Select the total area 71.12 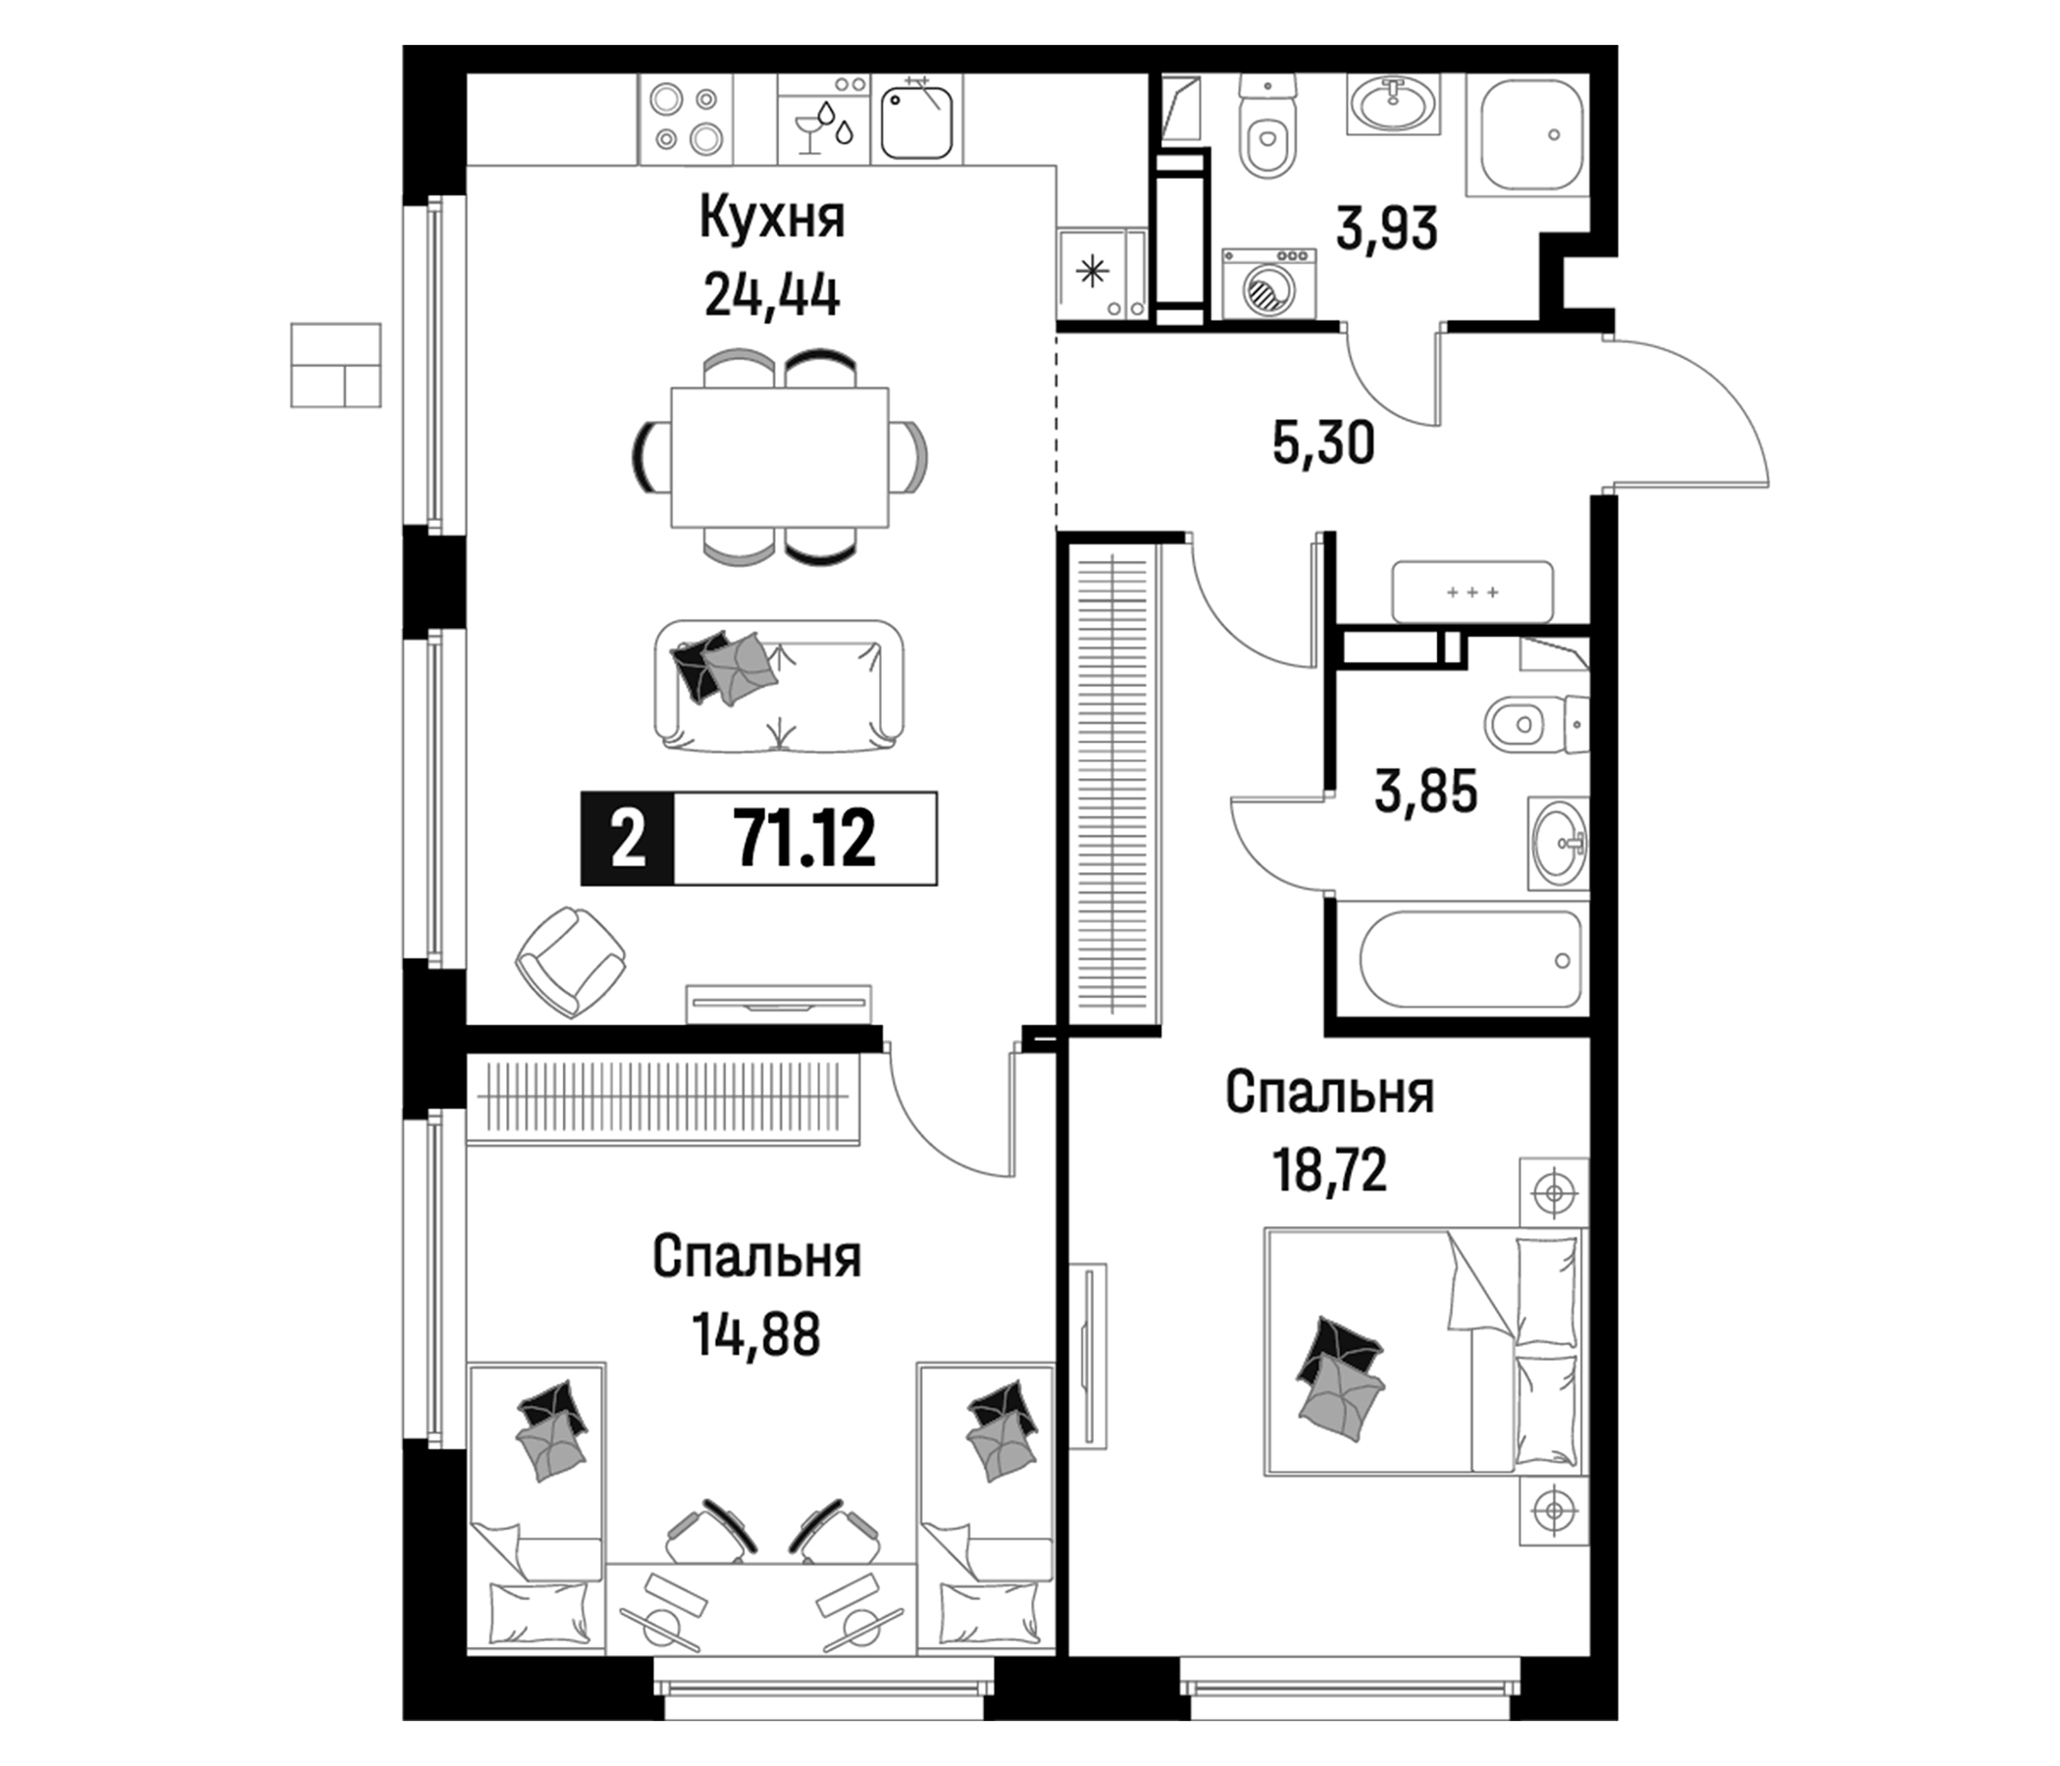804,837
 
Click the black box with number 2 628,837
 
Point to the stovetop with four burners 685,121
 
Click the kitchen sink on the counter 917,121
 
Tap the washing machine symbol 1268,284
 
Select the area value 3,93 1387,230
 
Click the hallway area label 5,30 1323,442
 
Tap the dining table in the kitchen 780,456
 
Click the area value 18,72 1330,1170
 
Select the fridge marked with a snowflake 1103,273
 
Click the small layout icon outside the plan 335,364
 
